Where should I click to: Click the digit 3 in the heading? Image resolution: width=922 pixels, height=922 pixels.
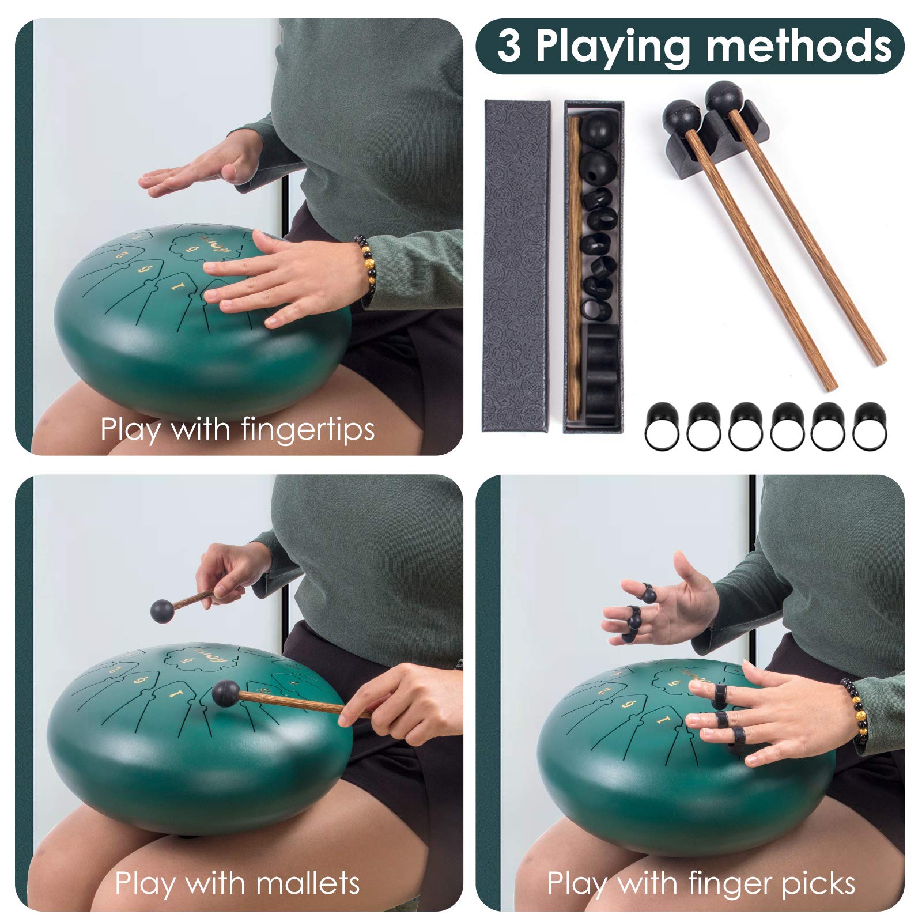click(x=509, y=46)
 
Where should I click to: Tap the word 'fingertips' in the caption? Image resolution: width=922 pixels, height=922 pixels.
click(x=307, y=430)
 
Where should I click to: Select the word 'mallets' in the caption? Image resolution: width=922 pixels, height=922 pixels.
click(x=308, y=883)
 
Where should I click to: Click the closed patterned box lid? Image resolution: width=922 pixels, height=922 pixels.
click(x=516, y=265)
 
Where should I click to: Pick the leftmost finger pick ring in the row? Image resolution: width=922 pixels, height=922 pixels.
click(x=663, y=426)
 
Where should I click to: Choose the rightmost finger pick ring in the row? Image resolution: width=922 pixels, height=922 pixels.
click(x=870, y=426)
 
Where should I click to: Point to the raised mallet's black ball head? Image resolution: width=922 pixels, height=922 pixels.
click(x=161, y=611)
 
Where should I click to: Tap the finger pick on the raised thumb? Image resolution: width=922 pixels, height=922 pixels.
click(x=649, y=594)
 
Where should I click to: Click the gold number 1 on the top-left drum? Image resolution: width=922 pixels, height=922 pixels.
click(x=177, y=284)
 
